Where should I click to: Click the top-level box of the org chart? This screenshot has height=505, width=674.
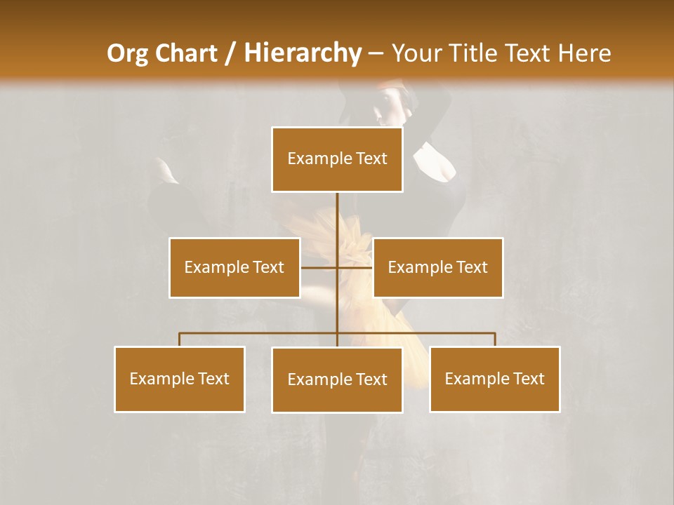click(x=337, y=159)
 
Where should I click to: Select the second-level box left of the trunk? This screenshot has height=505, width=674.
click(x=234, y=267)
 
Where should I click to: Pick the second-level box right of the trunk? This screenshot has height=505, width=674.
click(x=437, y=267)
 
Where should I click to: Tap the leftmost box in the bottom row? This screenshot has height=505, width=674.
click(x=180, y=379)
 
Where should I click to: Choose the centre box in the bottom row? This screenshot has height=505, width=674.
click(x=337, y=379)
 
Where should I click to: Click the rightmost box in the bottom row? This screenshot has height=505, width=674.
click(x=494, y=379)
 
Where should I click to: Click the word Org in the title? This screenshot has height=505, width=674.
click(x=124, y=53)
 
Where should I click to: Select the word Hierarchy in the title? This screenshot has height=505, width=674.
click(x=302, y=53)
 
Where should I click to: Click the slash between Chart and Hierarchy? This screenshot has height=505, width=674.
click(x=231, y=53)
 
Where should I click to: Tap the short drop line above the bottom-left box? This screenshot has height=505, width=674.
click(x=180, y=339)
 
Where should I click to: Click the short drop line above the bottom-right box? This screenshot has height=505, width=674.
click(x=494, y=339)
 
